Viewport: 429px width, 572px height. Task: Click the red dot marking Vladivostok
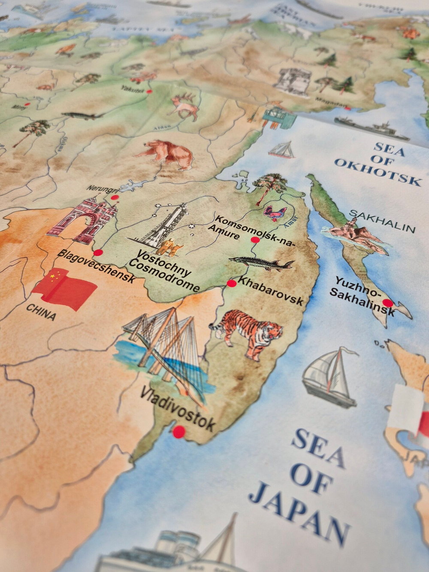point(179,432)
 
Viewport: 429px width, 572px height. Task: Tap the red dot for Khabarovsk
point(232,283)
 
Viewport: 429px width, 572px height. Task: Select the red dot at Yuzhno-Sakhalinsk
point(388,303)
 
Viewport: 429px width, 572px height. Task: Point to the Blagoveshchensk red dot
point(98,253)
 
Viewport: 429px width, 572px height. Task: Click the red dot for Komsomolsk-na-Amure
point(255,240)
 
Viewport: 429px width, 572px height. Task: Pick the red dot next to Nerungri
point(115,197)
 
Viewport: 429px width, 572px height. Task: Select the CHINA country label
point(41,312)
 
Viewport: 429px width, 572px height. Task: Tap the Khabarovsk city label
point(270,291)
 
